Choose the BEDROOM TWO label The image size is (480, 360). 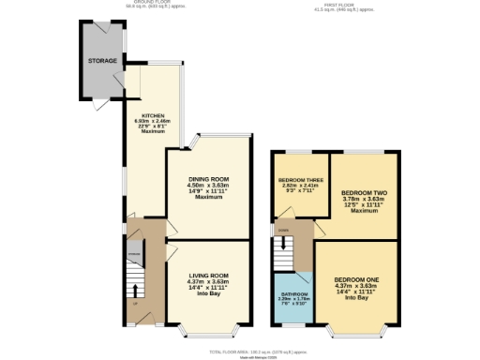coord(365,191)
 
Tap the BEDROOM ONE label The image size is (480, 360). coord(357,280)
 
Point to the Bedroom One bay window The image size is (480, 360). coord(356,331)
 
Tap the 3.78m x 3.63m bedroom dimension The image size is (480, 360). coord(365,198)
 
